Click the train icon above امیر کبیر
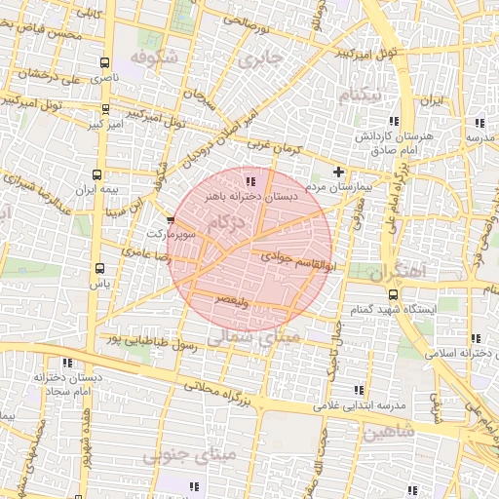(x=105, y=109)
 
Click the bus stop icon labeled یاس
(x=98, y=268)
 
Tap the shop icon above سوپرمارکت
(x=172, y=221)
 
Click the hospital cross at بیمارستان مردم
(x=338, y=172)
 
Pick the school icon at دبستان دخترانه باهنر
(x=250, y=181)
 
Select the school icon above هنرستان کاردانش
(x=478, y=123)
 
